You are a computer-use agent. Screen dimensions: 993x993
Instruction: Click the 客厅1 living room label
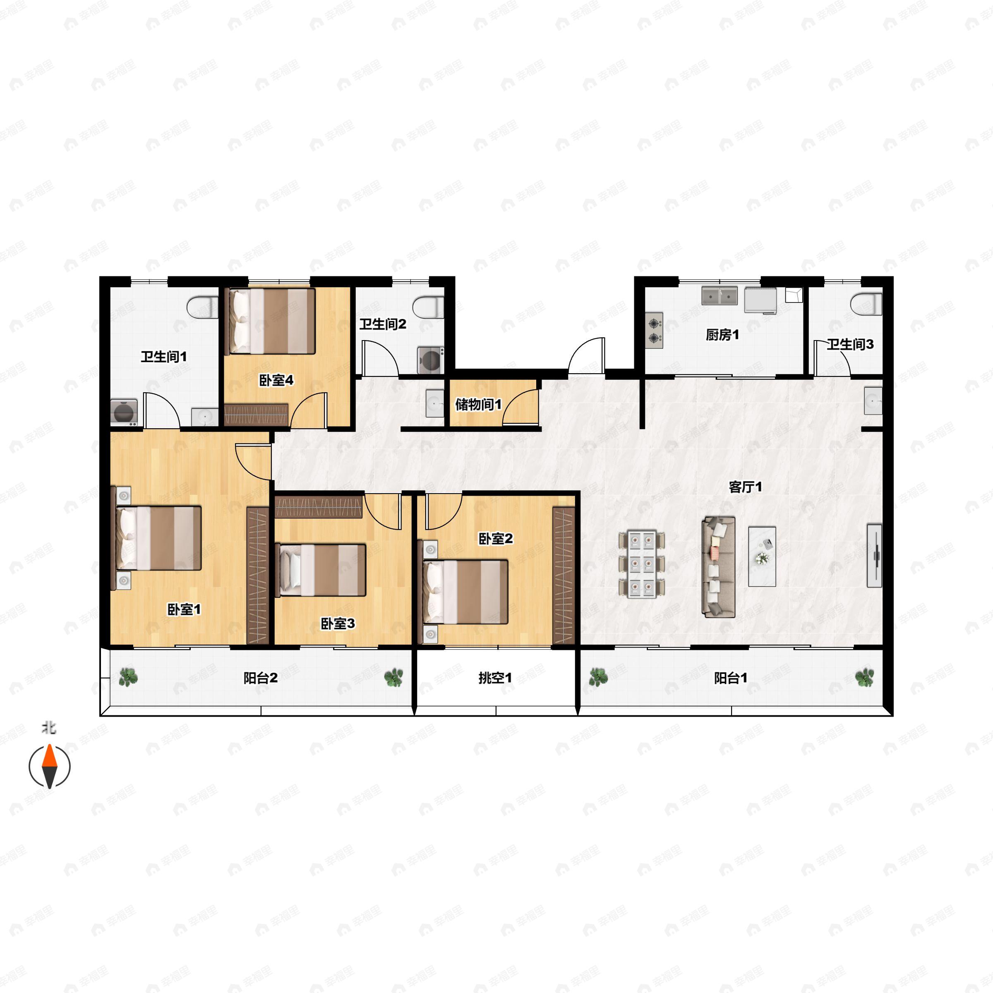coord(745,487)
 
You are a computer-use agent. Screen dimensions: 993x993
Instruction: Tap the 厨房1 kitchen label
coord(722,335)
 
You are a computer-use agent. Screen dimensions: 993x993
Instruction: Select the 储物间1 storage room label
coord(478,405)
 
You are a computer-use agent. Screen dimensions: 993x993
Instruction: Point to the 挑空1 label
coord(495,678)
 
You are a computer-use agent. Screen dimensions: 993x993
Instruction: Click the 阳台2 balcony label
coord(260,678)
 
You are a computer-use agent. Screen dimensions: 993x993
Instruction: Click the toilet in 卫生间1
coord(203,307)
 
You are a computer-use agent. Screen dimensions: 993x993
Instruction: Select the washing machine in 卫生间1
coord(124,411)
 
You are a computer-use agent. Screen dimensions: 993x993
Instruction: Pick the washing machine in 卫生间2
coord(431,360)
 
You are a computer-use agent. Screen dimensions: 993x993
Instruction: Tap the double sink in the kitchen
coord(720,296)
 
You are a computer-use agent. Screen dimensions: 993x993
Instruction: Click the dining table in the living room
coord(641,564)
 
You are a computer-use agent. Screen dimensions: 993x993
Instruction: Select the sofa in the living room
coord(719,567)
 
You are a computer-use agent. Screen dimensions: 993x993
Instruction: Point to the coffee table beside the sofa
coord(762,556)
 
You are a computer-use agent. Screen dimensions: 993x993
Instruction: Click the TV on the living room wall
coord(874,555)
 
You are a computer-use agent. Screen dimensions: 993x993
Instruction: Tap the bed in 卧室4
coord(271,321)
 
